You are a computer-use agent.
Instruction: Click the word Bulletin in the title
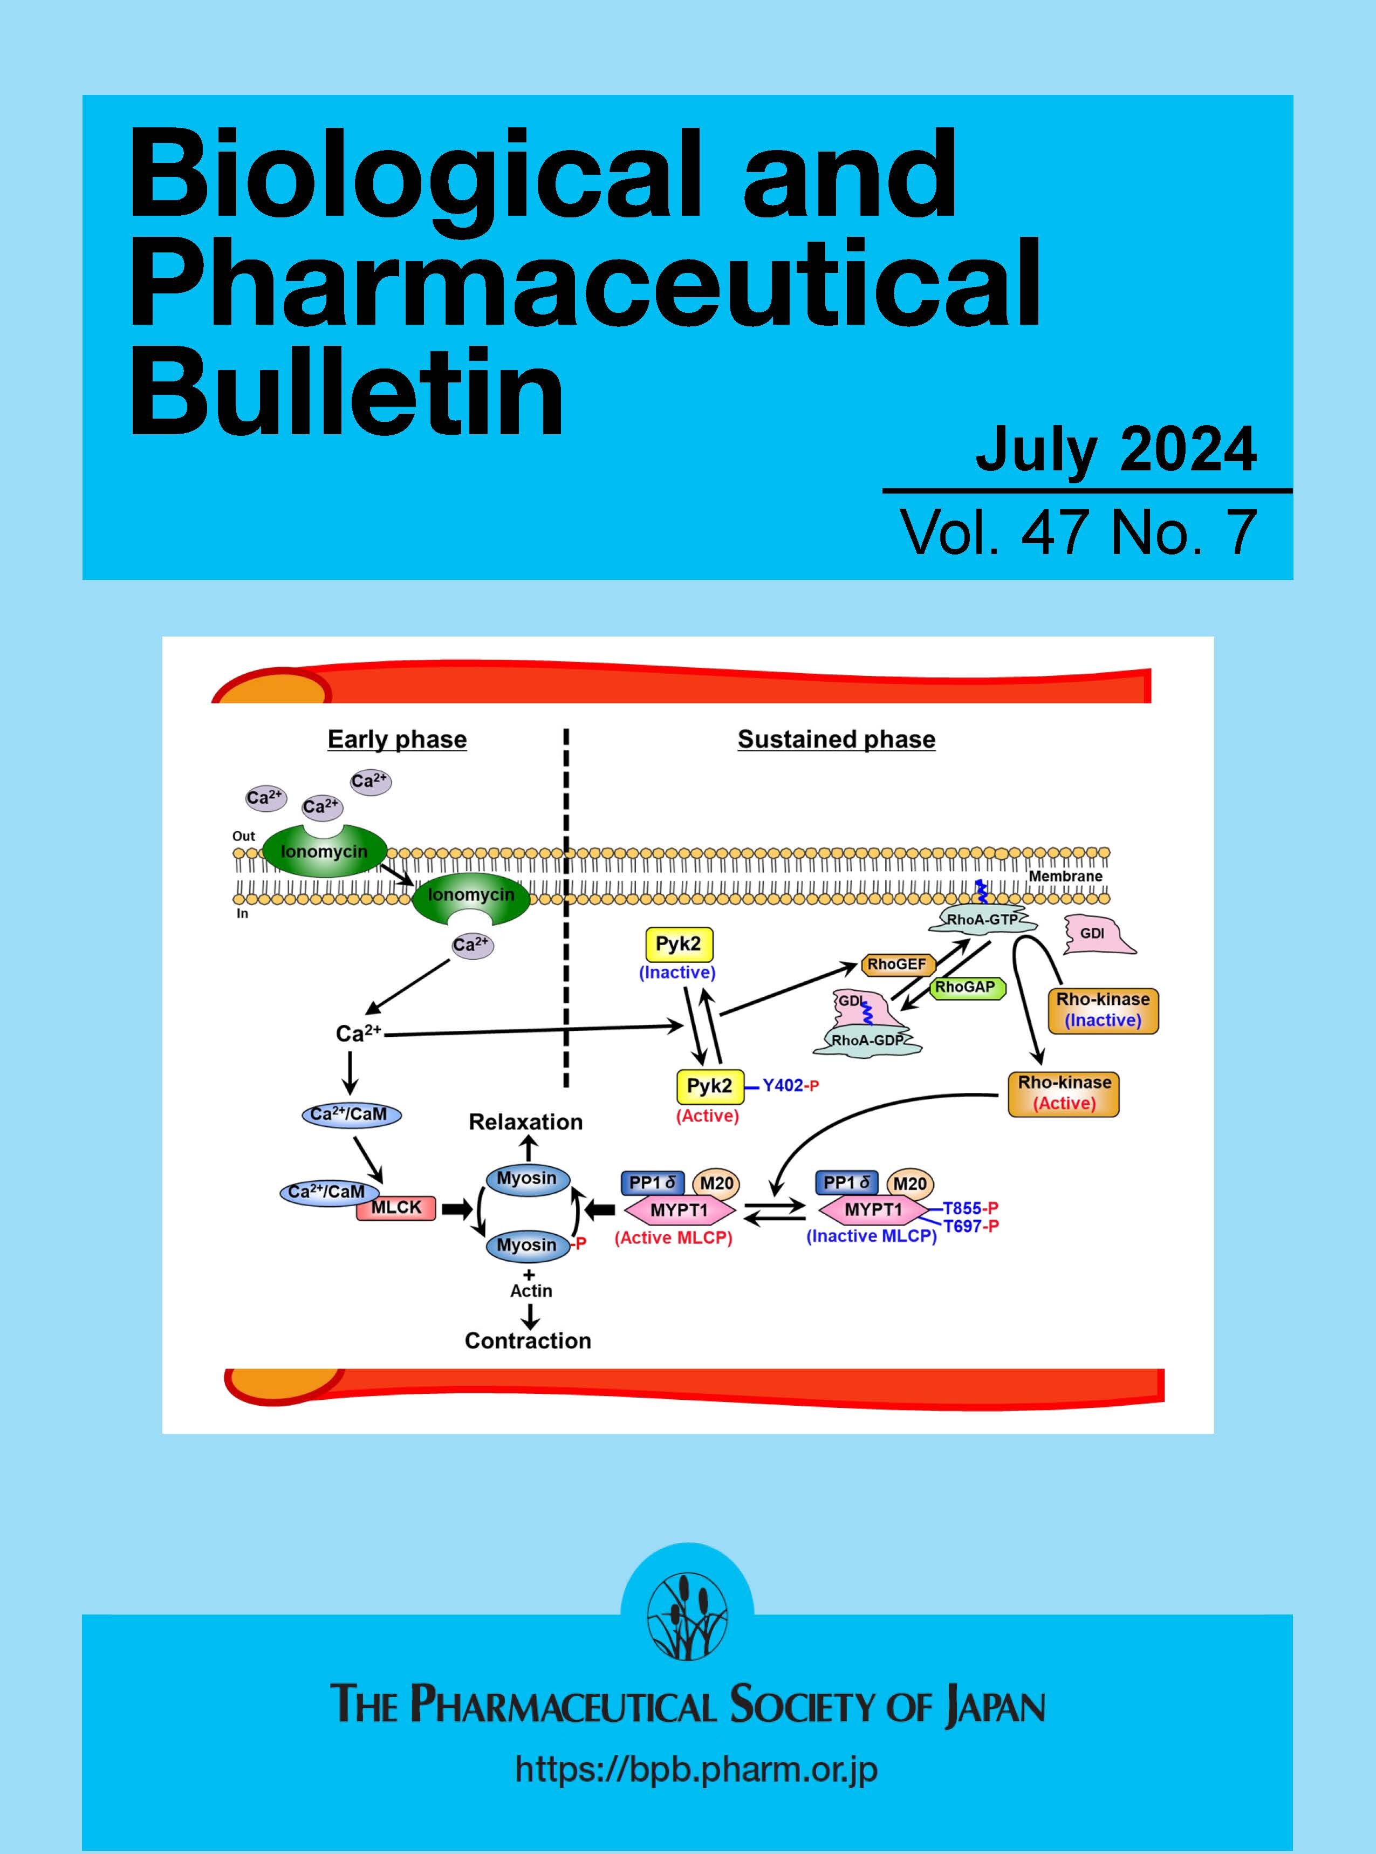pos(346,392)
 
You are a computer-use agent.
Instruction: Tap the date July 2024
pos(1115,450)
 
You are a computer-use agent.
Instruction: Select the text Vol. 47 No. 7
pos(1079,532)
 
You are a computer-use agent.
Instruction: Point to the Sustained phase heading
pos(836,740)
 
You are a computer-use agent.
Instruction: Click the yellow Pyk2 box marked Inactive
pos(680,945)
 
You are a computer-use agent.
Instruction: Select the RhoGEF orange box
pos(897,964)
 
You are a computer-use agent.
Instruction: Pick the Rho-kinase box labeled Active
pos(1064,1093)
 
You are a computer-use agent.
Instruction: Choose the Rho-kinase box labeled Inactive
pos(1103,1010)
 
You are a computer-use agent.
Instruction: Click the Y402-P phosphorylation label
pos(790,1086)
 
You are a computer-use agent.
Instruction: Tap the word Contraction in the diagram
pos(528,1341)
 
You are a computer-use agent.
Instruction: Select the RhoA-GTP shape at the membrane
pos(983,920)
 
